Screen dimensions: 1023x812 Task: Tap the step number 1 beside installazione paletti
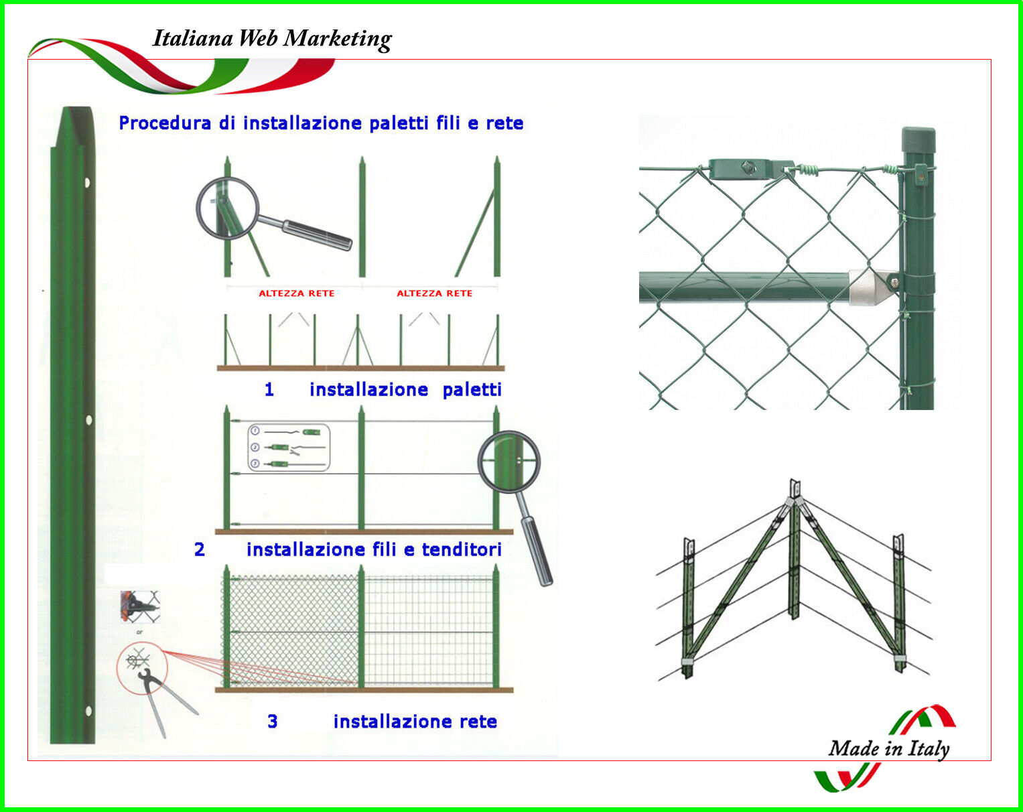click(x=269, y=389)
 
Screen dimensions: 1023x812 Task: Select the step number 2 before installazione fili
click(x=200, y=549)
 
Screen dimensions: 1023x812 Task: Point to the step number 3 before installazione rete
click(x=273, y=722)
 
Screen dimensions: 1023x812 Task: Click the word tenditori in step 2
click(x=462, y=549)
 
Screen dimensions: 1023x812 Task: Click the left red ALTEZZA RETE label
click(x=296, y=293)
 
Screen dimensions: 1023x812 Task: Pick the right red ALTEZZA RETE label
click(x=434, y=293)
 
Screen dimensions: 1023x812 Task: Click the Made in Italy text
click(x=888, y=748)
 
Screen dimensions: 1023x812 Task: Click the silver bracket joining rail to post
click(x=874, y=286)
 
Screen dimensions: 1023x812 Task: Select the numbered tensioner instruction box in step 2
click(x=289, y=448)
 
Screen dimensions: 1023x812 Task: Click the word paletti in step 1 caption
click(x=472, y=389)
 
